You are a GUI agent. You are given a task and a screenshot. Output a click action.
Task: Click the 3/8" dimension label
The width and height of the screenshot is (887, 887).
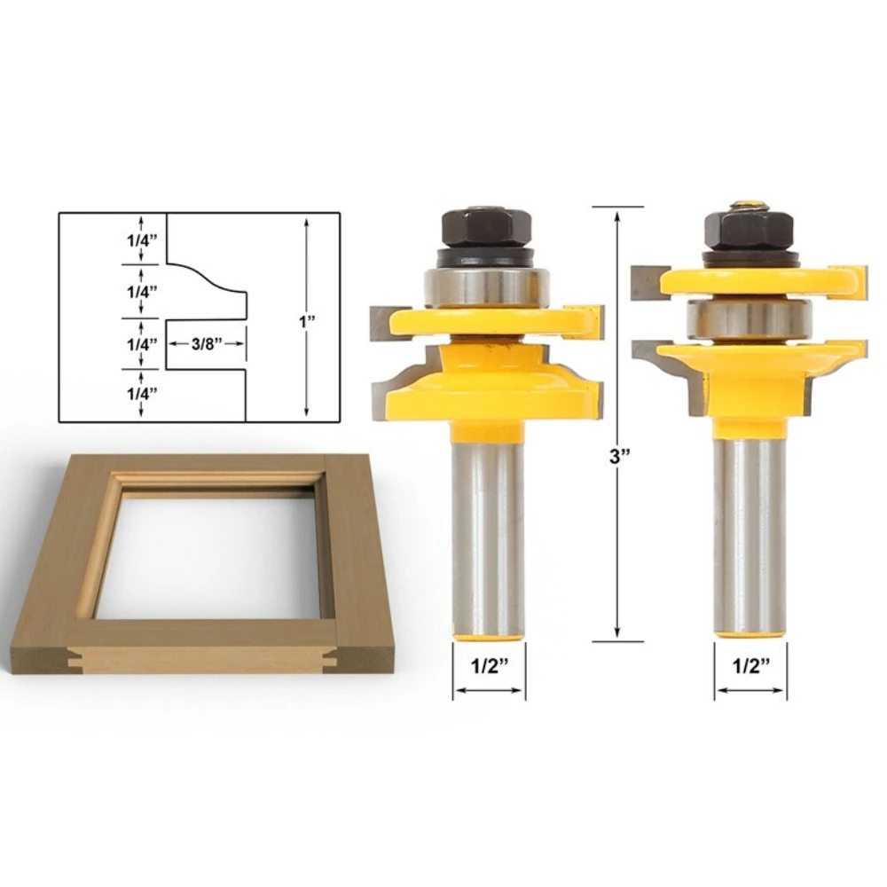point(207,344)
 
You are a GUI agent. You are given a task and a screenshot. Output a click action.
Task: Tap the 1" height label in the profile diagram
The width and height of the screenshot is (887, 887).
point(307,321)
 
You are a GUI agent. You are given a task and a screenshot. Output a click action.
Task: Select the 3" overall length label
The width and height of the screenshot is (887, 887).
point(619,456)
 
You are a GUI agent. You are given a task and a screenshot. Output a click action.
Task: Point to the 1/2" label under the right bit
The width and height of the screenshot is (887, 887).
point(751,666)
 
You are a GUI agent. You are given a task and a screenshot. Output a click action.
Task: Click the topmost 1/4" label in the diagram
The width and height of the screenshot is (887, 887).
point(141,240)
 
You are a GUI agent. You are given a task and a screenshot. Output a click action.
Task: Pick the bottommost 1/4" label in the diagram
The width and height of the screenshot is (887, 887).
point(141,394)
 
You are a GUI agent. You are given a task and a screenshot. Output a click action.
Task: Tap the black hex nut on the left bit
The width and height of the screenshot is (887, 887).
point(486,227)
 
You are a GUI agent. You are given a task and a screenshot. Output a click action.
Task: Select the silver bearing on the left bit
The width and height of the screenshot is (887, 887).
point(486,287)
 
